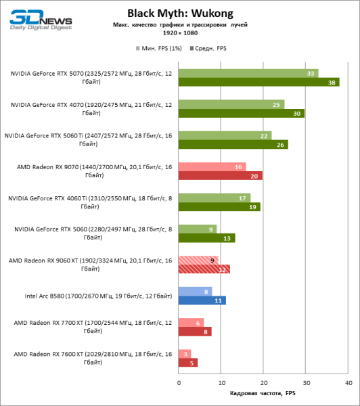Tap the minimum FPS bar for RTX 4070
[x=231, y=105]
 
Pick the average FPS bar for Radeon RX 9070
[x=221, y=176]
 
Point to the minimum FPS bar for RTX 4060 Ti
[x=215, y=198]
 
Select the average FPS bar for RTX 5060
[x=206, y=238]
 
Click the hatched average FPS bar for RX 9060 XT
[x=204, y=269]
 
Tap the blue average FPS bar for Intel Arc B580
[x=202, y=300]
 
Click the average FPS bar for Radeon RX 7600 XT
[x=188, y=363]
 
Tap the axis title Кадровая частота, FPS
[x=263, y=394]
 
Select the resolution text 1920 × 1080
[x=180, y=32]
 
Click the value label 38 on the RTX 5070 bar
[x=332, y=83]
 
